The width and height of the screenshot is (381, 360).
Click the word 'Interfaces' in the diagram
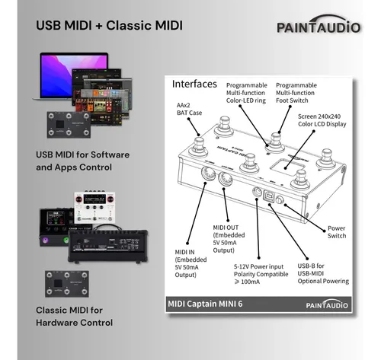pos(194,82)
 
